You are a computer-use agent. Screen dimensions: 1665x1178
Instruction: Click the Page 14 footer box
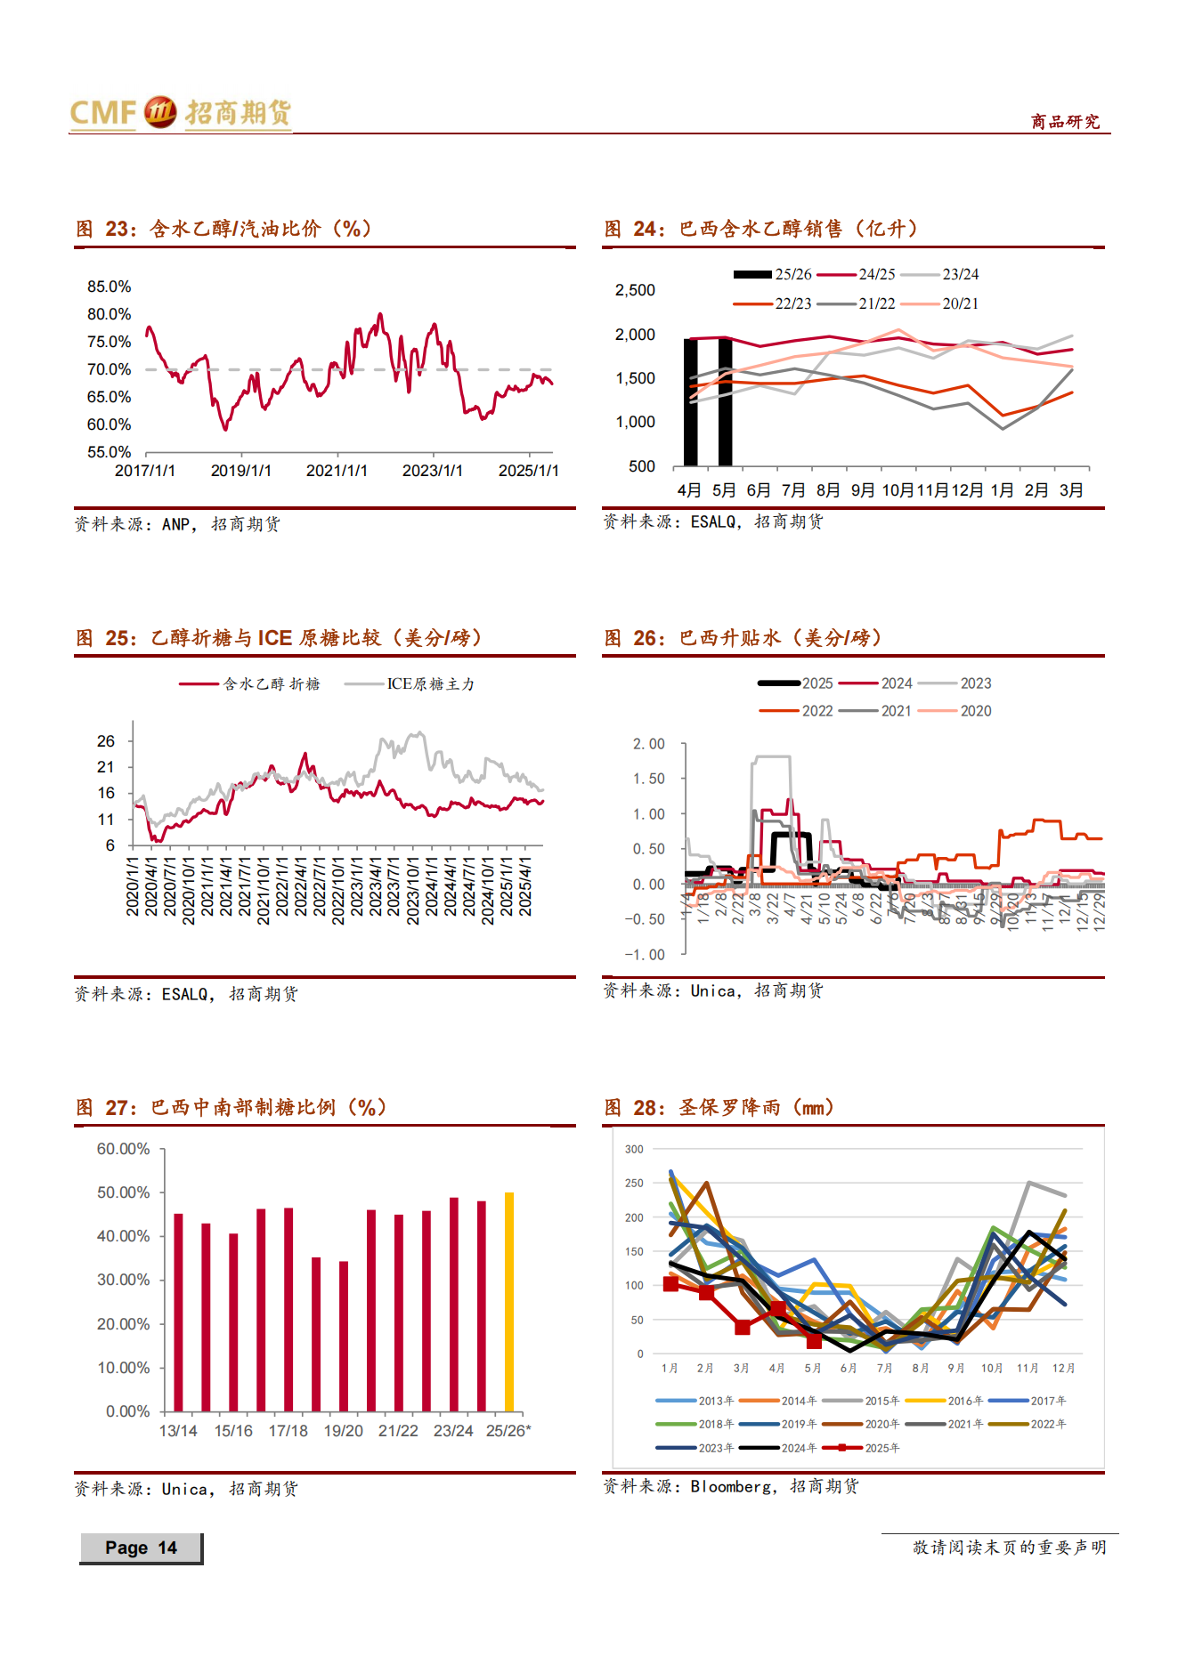(x=141, y=1548)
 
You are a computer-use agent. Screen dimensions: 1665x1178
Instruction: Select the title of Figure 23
(x=223, y=229)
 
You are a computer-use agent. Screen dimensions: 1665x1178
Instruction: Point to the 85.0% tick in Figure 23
(x=109, y=287)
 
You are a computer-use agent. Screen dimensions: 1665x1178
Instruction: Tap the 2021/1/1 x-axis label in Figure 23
(x=337, y=471)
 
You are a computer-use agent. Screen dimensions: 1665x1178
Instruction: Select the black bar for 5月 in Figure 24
(x=725, y=401)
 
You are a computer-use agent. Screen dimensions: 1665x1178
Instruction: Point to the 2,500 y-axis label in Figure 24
(x=635, y=290)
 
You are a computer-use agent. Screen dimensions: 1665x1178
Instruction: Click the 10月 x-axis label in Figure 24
(x=898, y=490)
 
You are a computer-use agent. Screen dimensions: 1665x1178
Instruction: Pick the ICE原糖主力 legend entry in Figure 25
(x=410, y=683)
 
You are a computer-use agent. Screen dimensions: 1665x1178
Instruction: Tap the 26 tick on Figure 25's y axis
(x=106, y=741)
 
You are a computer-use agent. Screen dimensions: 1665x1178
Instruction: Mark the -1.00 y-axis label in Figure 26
(x=645, y=955)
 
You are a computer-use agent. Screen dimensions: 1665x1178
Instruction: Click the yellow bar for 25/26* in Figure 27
(x=509, y=1301)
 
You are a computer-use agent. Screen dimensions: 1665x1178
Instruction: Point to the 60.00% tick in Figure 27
(x=123, y=1149)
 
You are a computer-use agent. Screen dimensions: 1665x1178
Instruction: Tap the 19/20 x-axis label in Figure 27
(x=343, y=1431)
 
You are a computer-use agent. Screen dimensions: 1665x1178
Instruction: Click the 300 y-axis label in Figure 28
(x=634, y=1149)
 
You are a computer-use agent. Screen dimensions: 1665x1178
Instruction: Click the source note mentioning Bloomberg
(x=730, y=1486)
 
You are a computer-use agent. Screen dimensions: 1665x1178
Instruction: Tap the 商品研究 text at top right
(x=1065, y=122)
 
